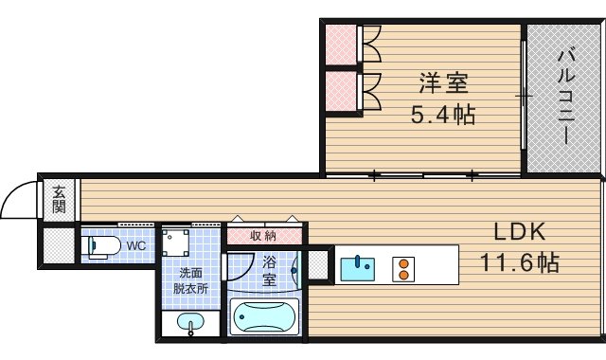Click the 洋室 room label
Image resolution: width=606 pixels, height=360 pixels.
[x=443, y=82]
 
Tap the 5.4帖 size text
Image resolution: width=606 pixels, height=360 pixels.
[x=443, y=116]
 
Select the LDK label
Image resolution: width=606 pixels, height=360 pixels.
[x=519, y=231]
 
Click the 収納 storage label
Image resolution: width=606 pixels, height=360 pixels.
[x=264, y=235]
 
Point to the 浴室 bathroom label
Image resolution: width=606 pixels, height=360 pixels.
[x=269, y=271]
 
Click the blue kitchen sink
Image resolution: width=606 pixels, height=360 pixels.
[x=358, y=267]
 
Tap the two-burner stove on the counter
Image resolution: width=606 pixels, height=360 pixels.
[x=403, y=268]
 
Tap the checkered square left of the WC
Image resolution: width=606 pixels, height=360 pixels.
[x=58, y=246]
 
